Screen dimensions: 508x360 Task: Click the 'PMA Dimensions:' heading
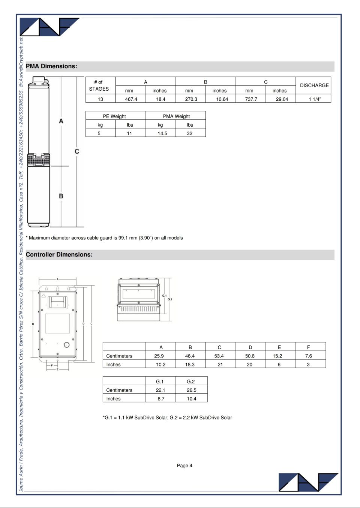tap(51, 66)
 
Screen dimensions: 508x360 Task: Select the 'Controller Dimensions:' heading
tap(59, 255)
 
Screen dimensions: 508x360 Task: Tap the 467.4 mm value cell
tap(131, 99)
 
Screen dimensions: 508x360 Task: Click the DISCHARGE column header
tap(314, 85)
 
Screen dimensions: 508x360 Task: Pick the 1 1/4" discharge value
tap(315, 99)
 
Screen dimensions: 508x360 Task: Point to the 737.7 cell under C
tap(251, 99)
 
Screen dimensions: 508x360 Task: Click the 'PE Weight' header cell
tap(114, 116)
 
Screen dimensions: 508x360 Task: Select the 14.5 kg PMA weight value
tap(162, 133)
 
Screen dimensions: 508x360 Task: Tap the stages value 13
tap(100, 99)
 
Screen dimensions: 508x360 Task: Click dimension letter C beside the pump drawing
tap(77, 151)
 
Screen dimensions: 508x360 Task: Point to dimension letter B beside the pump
tap(61, 196)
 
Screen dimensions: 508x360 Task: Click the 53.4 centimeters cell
tap(219, 356)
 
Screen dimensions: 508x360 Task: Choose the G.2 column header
tap(191, 381)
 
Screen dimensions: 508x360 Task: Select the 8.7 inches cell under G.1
tap(161, 399)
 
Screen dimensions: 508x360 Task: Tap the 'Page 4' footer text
tap(184, 466)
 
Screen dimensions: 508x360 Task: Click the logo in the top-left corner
tap(49, 27)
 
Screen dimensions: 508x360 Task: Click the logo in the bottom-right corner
tap(308, 482)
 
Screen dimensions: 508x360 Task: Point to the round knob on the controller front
tap(67, 345)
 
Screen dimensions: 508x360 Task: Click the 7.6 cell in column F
tap(308, 356)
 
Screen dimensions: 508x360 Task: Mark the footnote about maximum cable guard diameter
tap(104, 238)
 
